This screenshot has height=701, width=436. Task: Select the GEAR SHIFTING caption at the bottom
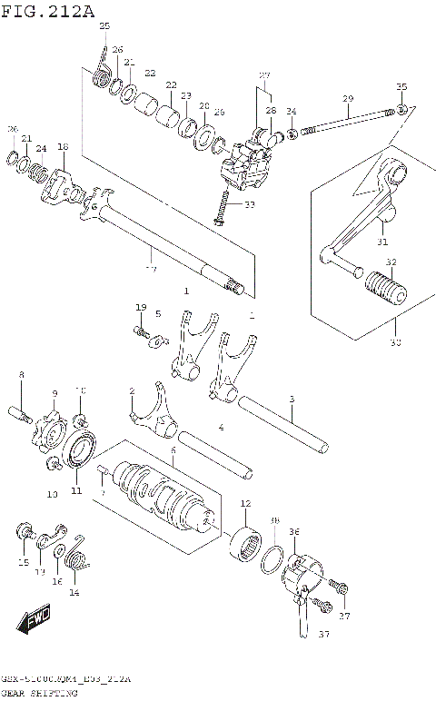click(40, 692)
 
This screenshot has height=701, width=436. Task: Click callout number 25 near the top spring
click(104, 25)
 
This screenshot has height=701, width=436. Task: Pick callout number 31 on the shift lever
click(381, 242)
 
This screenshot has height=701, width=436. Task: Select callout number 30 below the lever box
click(393, 342)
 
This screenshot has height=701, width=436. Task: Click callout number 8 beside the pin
click(22, 374)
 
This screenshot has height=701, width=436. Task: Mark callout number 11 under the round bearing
click(76, 490)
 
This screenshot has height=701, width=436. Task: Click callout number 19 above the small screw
click(141, 308)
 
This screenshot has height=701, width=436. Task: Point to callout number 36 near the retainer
click(293, 531)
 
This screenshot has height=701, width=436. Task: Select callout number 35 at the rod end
click(401, 86)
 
